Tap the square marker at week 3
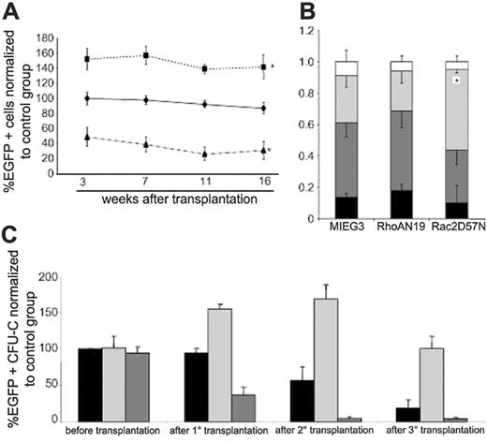(87, 59)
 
